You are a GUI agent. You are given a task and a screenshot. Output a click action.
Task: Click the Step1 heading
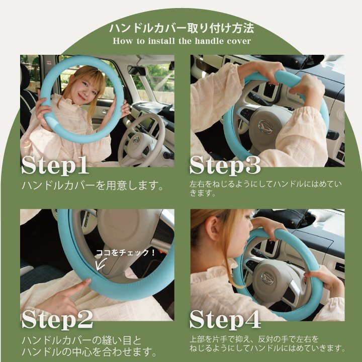point(55,165)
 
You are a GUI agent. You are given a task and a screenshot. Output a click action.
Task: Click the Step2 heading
point(57,319)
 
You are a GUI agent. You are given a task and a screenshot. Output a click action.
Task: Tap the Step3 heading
point(225,165)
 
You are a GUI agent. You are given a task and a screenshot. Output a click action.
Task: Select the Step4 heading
point(225,319)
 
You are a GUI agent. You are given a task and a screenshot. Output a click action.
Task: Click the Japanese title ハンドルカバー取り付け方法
point(182,28)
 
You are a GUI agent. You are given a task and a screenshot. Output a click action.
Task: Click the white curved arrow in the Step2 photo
point(101,263)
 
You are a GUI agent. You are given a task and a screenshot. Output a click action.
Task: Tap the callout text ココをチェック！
point(125,252)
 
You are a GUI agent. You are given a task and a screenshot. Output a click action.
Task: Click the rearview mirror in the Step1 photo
point(137,70)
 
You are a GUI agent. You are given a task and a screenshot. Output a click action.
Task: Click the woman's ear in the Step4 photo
point(212,228)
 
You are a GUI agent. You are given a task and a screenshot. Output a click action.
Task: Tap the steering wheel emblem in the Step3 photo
point(265,127)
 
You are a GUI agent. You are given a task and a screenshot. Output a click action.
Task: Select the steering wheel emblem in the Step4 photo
point(267,278)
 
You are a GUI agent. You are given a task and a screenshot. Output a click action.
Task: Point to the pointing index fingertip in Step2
point(87,281)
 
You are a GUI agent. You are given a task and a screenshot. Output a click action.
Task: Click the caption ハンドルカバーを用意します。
point(93,186)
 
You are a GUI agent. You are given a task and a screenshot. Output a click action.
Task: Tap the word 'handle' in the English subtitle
point(209,41)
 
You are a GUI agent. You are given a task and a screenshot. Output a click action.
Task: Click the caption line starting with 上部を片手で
point(254,339)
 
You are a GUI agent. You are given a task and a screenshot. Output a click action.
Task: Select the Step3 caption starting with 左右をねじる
point(265,188)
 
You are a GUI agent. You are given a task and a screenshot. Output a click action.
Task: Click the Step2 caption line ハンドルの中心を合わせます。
point(89,351)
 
